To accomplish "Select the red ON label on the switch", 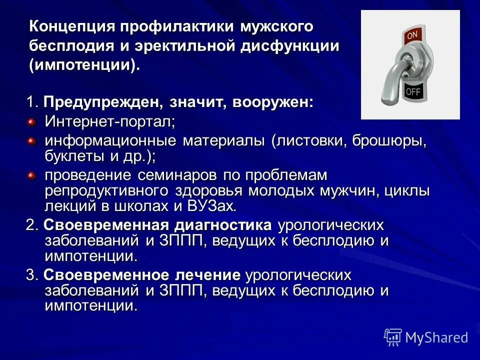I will click(412, 35).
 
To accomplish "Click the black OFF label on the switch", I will click(413, 91).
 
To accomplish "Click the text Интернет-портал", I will click(110, 121).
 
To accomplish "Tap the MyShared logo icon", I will click(393, 337).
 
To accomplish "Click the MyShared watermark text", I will click(436, 338).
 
